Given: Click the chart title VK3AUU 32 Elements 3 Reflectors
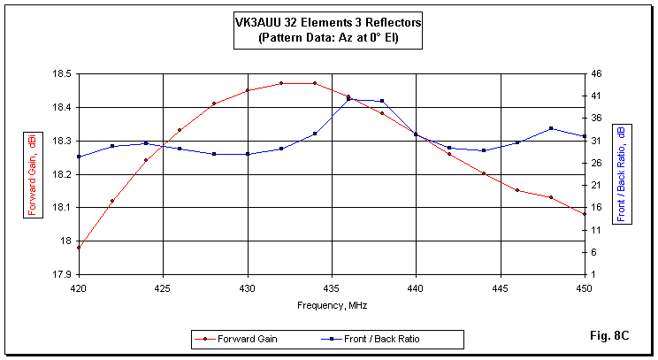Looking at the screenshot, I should (x=328, y=22).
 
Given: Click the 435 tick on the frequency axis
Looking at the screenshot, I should (x=331, y=287).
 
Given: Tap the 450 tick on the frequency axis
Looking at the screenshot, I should (x=585, y=287).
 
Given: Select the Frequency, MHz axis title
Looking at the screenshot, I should (x=332, y=305).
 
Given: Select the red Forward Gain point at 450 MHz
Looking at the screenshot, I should (x=585, y=214).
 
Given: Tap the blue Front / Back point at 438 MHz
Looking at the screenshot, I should (x=382, y=101).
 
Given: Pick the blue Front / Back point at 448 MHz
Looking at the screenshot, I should (x=551, y=128).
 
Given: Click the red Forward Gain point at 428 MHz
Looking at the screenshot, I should (x=213, y=103).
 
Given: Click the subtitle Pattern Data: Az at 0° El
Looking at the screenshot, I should (x=328, y=38).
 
